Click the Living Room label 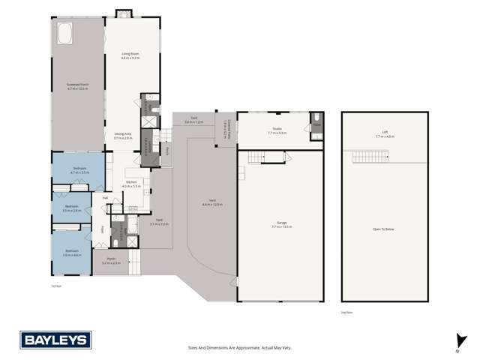coord(131,56)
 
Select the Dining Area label coord(123,136)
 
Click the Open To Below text coord(383,229)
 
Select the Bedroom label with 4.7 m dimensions coord(79,169)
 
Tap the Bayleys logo coord(55,340)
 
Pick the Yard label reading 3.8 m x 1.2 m coord(193,119)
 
